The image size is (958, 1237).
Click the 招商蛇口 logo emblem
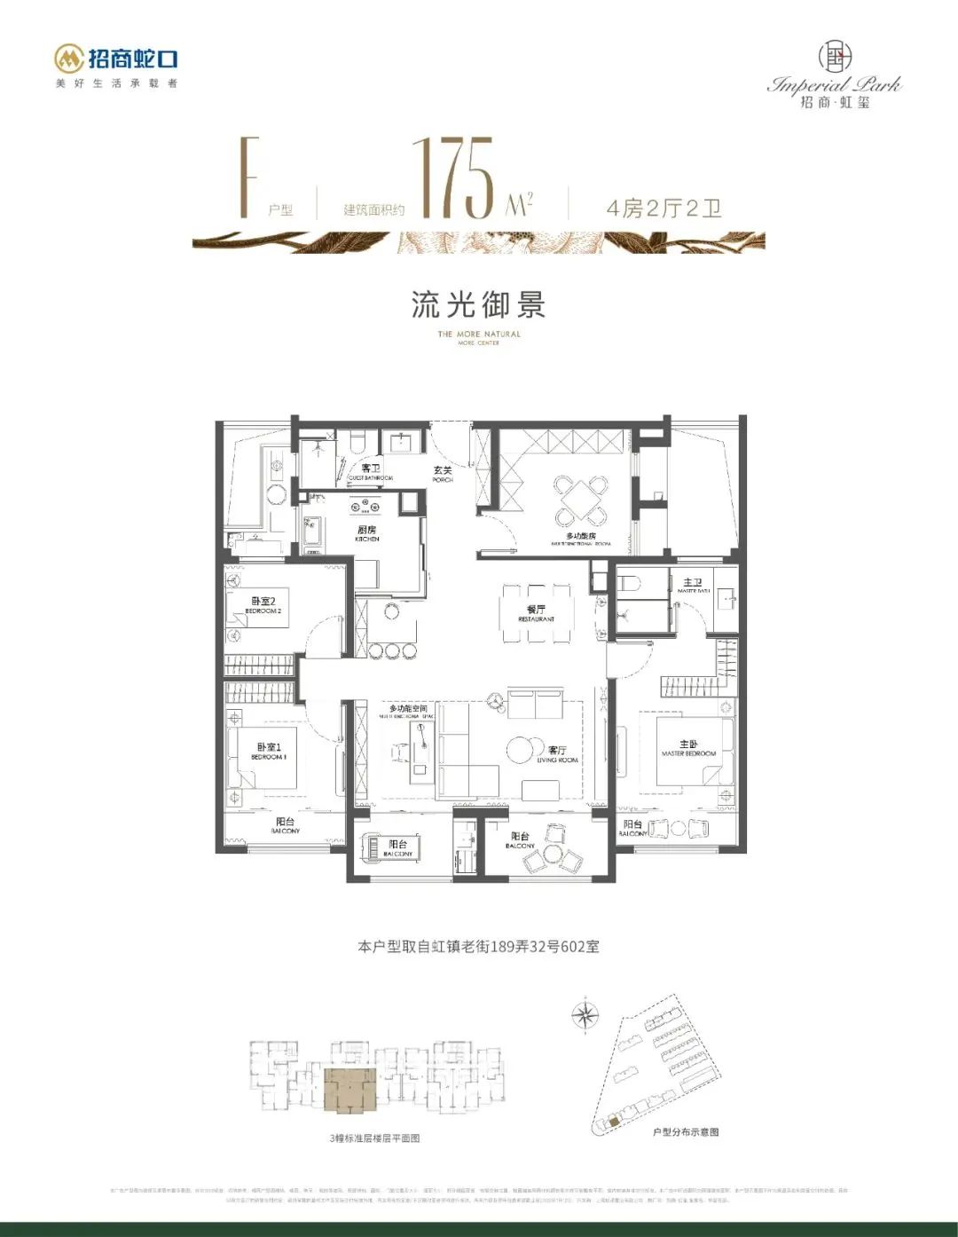[x=69, y=59]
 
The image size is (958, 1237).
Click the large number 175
[x=455, y=177]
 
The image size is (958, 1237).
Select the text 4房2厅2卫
[x=664, y=209]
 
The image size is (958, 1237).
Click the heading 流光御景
[x=478, y=304]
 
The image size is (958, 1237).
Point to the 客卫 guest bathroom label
[x=370, y=471]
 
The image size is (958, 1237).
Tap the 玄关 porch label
[x=443, y=473]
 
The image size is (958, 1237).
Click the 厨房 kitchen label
[x=367, y=532]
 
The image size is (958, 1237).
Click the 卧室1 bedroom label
[x=268, y=751]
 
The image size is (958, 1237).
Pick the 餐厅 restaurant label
[x=536, y=612]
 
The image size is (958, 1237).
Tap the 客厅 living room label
[x=557, y=753]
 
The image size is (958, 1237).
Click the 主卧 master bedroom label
[x=688, y=747]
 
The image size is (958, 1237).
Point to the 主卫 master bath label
[x=692, y=585]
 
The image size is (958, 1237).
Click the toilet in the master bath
[x=629, y=585]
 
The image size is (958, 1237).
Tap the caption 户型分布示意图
[x=685, y=1132]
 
